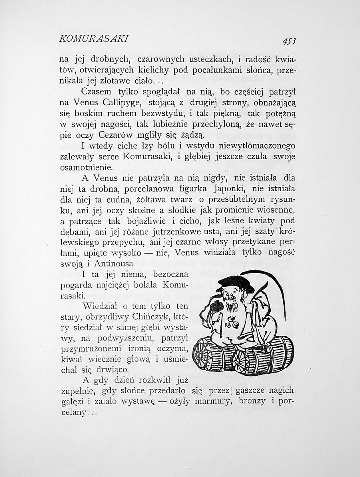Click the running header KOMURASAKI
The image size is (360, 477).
(94, 38)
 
